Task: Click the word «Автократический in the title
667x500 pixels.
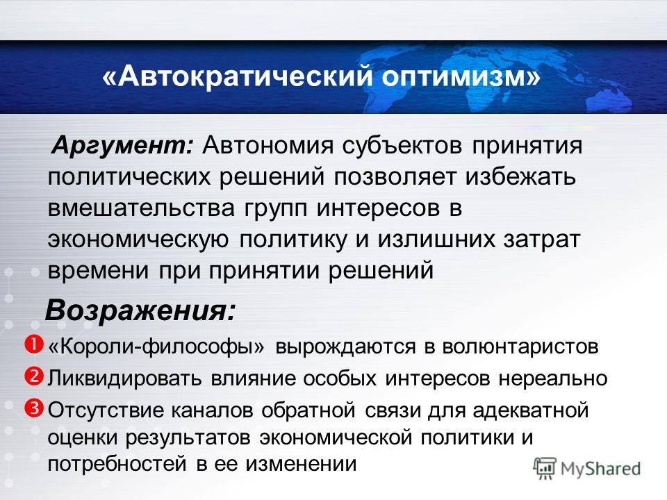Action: coord(238,77)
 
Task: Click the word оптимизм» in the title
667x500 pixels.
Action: coord(461,77)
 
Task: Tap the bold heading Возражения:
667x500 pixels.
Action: coord(140,311)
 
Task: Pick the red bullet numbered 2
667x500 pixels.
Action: coord(34,376)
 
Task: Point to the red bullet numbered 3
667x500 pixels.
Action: coord(34,408)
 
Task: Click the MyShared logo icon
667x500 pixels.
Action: coord(545,469)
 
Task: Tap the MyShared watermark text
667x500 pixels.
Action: coord(600,469)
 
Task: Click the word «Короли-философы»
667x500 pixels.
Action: coord(156,347)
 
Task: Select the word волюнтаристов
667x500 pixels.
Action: coord(520,347)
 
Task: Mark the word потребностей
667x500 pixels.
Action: coord(117,464)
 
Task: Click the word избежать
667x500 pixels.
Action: coord(520,177)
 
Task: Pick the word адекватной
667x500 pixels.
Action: coord(530,411)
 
